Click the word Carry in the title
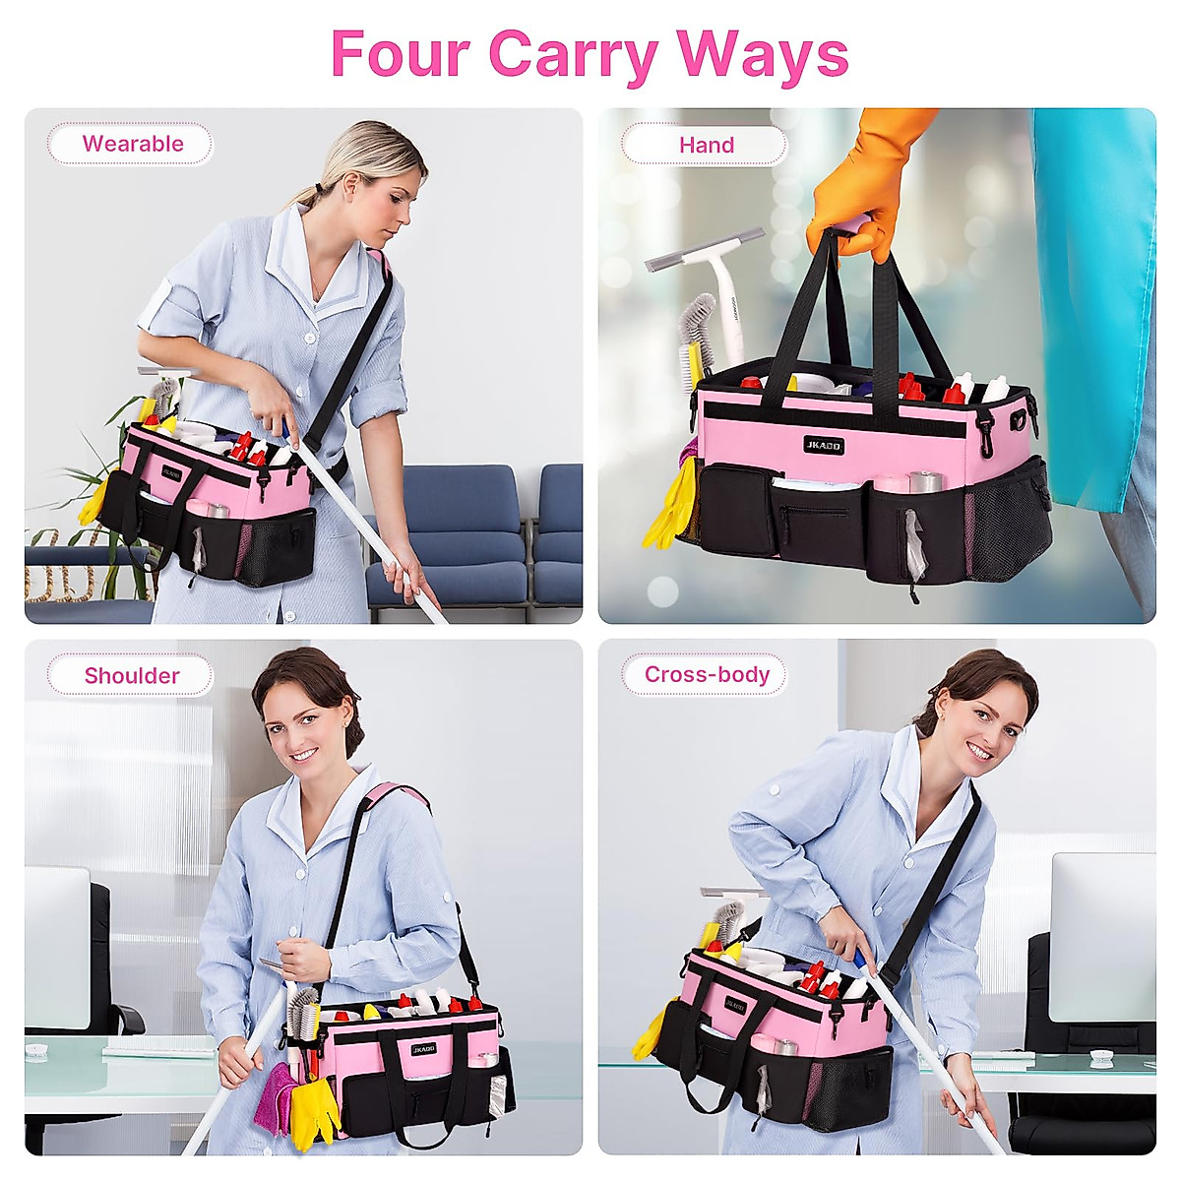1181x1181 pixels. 572,54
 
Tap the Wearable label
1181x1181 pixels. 132,144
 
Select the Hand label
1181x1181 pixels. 706,145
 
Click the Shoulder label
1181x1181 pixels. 132,675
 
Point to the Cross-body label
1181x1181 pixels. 706,674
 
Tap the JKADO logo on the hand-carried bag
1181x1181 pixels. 823,446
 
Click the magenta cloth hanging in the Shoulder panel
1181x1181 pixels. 272,1096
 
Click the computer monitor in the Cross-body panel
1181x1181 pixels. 1102,935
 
